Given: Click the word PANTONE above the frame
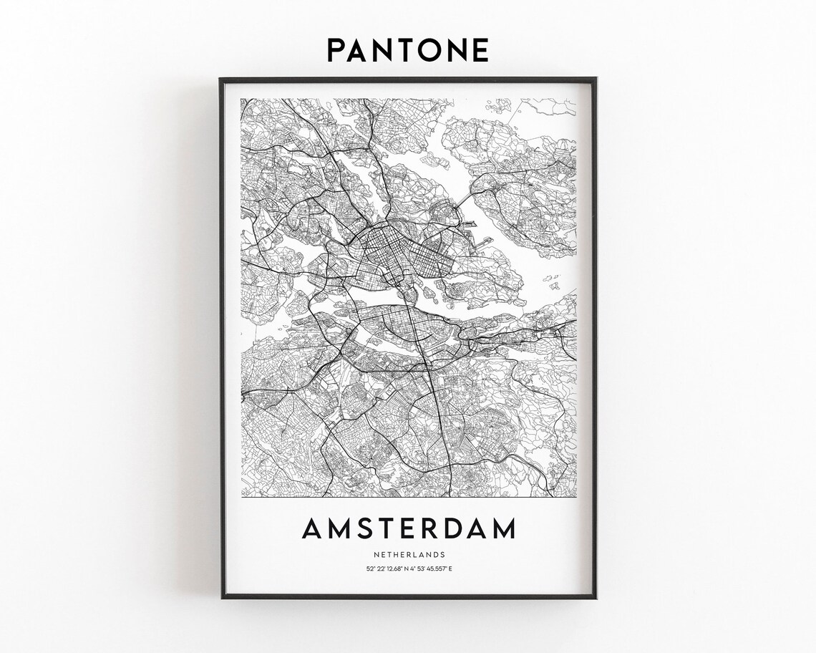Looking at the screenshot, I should (408, 51).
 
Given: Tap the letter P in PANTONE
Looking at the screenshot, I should (337, 51).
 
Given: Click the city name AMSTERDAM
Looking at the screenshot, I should (409, 529).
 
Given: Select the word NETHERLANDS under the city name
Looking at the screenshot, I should (409, 554).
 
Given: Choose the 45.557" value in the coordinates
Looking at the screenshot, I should (437, 569).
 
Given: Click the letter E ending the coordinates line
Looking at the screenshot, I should (450, 569).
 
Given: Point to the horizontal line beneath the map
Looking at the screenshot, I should (409, 498).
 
